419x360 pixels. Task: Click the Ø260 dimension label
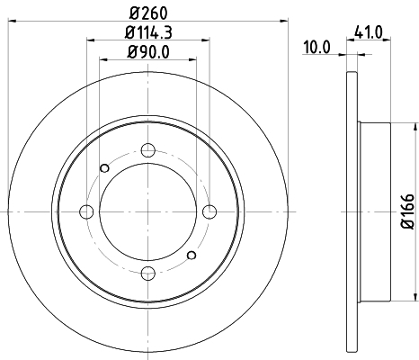pyautogui.click(x=148, y=13)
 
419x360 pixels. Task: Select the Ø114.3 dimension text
pyautogui.click(x=148, y=32)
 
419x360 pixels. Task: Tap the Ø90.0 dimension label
pyautogui.click(x=148, y=52)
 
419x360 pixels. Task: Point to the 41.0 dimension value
pyautogui.click(x=369, y=32)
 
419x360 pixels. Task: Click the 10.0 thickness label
pyautogui.click(x=316, y=48)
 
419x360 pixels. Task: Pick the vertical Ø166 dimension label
pyautogui.click(x=407, y=211)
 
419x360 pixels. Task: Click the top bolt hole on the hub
pyautogui.click(x=147, y=150)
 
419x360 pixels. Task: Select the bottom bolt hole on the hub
pyautogui.click(x=148, y=273)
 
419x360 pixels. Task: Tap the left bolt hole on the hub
pyautogui.click(x=86, y=211)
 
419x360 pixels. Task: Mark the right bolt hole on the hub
pyautogui.click(x=209, y=211)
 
